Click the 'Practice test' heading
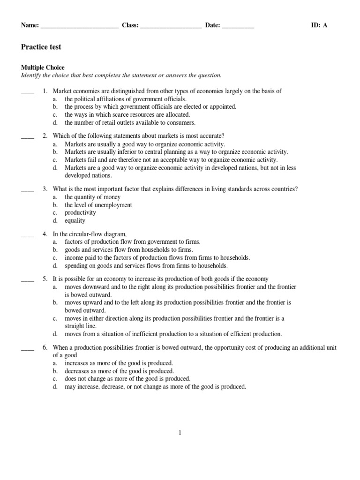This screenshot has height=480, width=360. click(41, 47)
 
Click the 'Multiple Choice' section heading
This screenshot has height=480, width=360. click(43, 68)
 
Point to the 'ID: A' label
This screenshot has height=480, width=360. click(319, 25)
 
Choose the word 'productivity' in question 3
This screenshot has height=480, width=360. click(80, 213)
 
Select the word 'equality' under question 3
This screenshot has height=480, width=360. click(75, 221)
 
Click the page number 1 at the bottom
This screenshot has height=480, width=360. click(180, 433)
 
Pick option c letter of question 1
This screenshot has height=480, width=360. click(55, 114)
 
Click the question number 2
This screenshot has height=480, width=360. click(45, 136)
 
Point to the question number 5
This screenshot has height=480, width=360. click(45, 279)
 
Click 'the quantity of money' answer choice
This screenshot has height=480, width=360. click(92, 197)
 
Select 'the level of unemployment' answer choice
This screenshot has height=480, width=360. click(98, 205)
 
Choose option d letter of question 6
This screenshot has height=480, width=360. click(55, 387)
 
